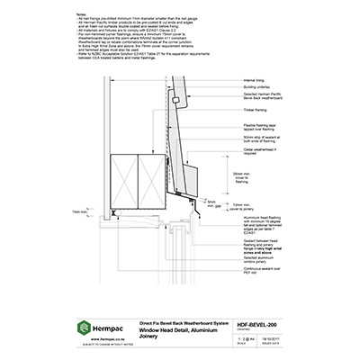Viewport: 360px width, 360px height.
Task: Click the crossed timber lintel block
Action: tap(140, 178)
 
